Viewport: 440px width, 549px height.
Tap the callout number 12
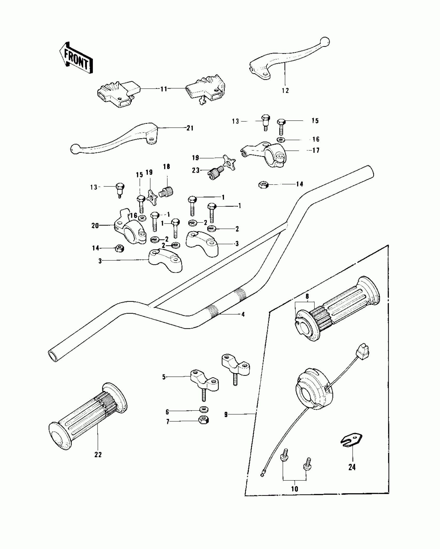click(285, 91)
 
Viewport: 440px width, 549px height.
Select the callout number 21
click(190, 128)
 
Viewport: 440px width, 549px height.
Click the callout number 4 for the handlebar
click(243, 314)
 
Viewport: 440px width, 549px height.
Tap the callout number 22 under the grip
click(98, 454)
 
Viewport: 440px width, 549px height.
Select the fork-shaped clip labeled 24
click(351, 440)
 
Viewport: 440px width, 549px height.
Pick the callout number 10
click(295, 489)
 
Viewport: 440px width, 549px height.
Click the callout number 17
click(316, 150)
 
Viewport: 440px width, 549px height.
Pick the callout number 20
click(95, 226)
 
